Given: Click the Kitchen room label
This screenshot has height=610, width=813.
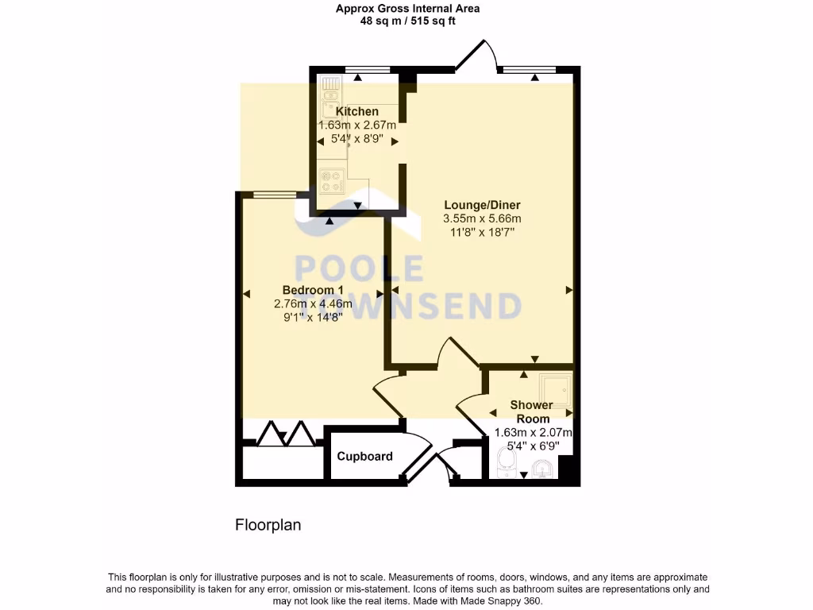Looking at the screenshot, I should [356, 111].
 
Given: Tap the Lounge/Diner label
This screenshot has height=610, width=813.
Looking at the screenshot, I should [482, 204].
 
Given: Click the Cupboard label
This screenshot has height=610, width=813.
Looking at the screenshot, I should [364, 457].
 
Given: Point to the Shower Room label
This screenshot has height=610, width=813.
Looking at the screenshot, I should [532, 412].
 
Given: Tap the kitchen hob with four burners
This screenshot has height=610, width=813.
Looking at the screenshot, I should [331, 182].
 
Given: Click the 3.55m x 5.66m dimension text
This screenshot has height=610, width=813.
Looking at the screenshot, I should [482, 218].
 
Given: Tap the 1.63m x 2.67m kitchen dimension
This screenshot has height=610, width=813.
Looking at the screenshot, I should [356, 125].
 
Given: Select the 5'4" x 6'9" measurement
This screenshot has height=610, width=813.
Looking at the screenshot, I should [533, 446].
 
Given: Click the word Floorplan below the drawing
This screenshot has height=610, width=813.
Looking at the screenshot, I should [268, 525].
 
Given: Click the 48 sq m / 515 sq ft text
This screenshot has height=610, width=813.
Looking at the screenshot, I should [407, 21].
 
